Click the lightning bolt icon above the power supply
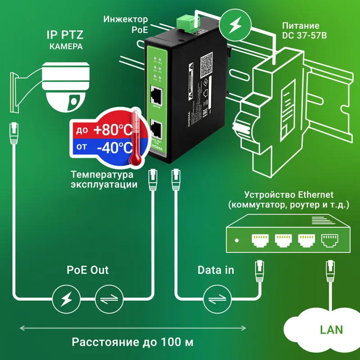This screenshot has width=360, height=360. coord(235,25)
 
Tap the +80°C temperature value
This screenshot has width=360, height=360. coord(113,130)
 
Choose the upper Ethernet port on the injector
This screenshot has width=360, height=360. coord(157,94)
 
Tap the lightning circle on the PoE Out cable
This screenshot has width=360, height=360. coord(66,297)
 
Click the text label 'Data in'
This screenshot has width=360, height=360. coord(216,270)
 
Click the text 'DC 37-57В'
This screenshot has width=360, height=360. coord(301,35)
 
